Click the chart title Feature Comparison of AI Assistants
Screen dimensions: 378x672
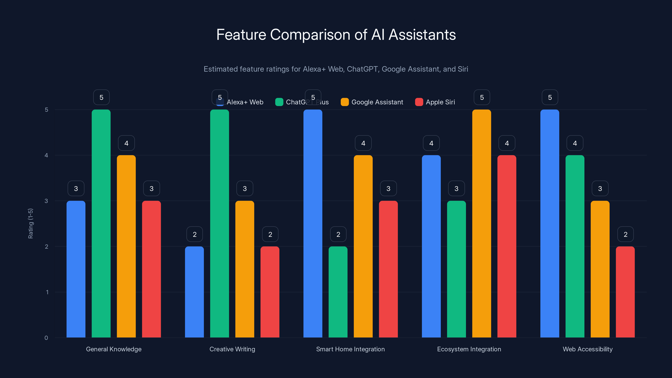(336, 35)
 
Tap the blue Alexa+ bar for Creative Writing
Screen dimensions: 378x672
(194, 292)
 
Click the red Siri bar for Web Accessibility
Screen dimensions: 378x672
(625, 292)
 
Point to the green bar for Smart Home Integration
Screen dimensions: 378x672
(338, 292)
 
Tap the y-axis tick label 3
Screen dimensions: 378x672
(46, 201)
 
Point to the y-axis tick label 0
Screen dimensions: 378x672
(46, 338)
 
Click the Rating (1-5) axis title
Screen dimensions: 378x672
(30, 224)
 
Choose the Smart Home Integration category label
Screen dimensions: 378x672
(350, 349)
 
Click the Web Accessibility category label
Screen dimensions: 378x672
(588, 349)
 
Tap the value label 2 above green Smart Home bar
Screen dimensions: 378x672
(338, 234)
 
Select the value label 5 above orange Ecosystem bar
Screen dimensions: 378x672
(482, 97)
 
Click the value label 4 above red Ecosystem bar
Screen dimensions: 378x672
(507, 143)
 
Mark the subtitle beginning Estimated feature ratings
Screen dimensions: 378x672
(336, 69)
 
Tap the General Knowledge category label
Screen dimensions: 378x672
(114, 349)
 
